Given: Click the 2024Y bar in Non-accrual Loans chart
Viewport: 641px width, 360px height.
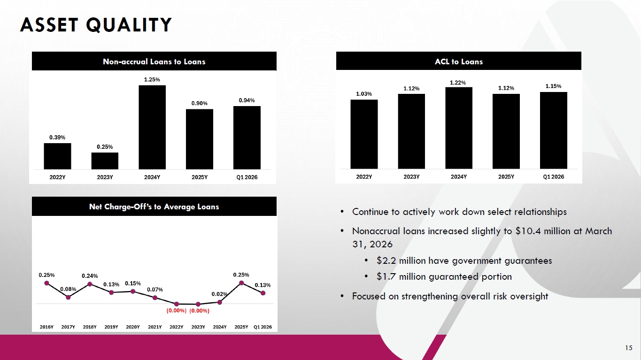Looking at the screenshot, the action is click(x=152, y=127).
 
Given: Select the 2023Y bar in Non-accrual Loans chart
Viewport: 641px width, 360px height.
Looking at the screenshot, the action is click(x=105, y=161).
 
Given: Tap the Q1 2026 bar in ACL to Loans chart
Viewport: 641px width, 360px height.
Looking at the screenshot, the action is click(x=554, y=130).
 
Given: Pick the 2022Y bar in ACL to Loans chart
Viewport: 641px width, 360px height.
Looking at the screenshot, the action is click(x=364, y=134).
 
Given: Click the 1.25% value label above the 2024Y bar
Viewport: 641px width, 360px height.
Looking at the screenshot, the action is click(x=152, y=79).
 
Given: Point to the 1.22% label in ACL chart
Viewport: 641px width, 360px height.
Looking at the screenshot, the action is click(x=458, y=83).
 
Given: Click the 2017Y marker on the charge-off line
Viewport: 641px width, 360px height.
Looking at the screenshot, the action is click(x=68, y=298).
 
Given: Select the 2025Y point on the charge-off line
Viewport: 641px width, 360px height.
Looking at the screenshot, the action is click(x=241, y=283).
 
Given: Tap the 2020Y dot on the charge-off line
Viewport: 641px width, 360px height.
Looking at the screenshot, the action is click(x=133, y=291).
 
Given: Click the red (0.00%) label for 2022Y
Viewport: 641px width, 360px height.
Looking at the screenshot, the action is click(x=176, y=311).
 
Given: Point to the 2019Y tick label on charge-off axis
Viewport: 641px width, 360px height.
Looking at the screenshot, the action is click(x=111, y=327).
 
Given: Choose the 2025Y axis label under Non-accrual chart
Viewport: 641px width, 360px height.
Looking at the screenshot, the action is click(x=200, y=177).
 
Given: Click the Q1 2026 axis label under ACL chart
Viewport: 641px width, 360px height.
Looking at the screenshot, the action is click(x=554, y=176).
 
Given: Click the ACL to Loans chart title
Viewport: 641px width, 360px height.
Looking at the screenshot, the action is click(x=459, y=61).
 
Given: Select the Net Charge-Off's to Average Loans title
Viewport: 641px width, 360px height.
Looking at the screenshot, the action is click(x=154, y=207).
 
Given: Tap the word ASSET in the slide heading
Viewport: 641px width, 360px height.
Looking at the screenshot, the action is click(x=49, y=25).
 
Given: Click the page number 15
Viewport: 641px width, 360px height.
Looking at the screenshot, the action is click(x=629, y=348).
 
